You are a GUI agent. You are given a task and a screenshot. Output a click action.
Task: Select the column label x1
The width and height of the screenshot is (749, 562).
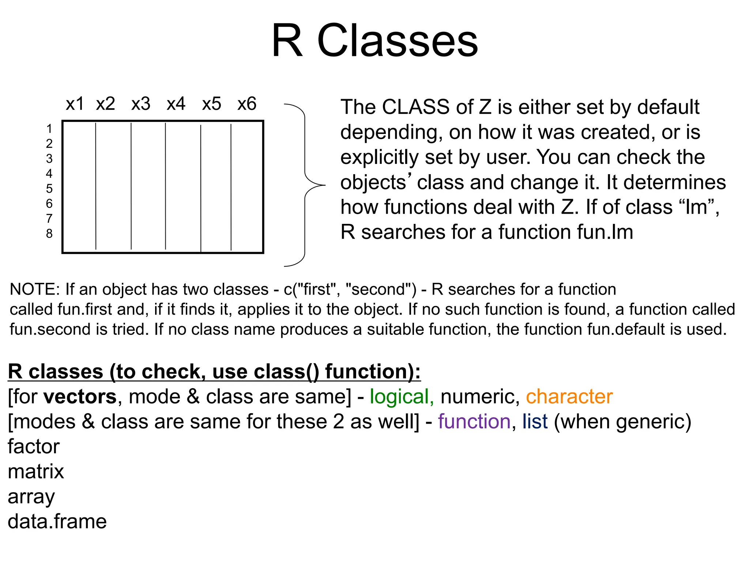(75, 104)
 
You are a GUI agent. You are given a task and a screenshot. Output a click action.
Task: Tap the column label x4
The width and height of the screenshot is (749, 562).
(176, 104)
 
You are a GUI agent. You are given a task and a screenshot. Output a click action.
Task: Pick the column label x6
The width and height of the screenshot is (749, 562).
(247, 104)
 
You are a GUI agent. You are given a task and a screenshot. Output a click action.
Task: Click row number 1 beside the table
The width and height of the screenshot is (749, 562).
(49, 129)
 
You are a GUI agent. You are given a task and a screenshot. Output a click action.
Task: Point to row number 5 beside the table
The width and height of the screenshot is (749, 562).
(49, 189)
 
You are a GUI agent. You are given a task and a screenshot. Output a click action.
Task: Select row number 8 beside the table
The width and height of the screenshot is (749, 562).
(49, 233)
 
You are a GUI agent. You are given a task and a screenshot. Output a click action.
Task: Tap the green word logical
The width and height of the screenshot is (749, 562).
(401, 397)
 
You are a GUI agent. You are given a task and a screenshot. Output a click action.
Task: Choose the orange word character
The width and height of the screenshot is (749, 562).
(569, 397)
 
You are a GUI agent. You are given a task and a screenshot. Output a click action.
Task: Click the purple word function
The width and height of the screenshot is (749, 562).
(474, 421)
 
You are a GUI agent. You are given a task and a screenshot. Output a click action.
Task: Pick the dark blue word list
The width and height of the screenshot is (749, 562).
(535, 421)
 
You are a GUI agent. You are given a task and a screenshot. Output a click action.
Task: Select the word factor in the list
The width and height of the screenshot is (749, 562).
(34, 447)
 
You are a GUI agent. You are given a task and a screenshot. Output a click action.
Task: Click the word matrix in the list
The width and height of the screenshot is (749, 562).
(36, 472)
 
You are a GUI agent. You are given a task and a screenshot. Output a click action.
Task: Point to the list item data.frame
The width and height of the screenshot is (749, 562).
(57, 521)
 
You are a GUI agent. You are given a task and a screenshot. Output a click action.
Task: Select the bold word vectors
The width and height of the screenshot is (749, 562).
(80, 397)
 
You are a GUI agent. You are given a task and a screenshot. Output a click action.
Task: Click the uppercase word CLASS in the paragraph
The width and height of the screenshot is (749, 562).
(415, 107)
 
